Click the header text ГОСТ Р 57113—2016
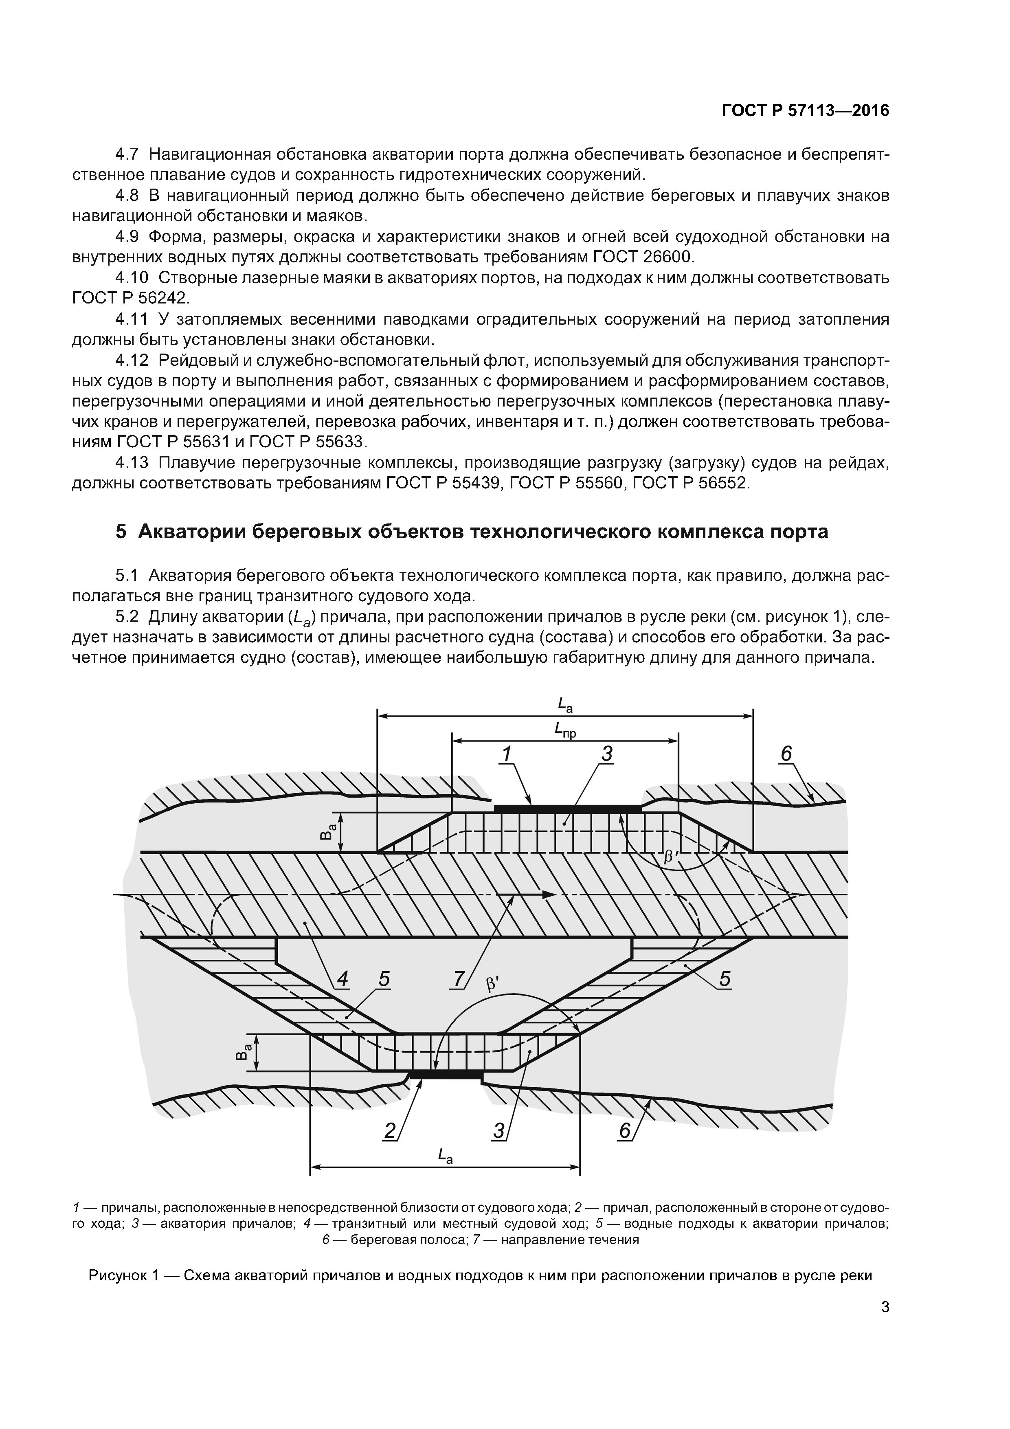(805, 111)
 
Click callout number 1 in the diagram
(507, 754)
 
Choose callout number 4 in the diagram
(342, 979)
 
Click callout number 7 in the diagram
(459, 979)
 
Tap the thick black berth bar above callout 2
(446, 1075)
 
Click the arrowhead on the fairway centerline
(548, 895)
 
